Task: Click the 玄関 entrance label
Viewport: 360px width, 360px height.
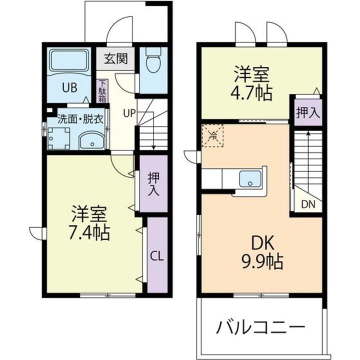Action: click(x=115, y=59)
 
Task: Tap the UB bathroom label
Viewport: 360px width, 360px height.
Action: click(x=69, y=87)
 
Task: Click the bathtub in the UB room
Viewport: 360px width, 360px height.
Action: click(x=69, y=59)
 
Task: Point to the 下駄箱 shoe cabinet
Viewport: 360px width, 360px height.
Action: click(x=102, y=91)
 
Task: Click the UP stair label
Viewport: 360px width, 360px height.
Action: click(x=129, y=112)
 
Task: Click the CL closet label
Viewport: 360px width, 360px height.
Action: click(x=156, y=256)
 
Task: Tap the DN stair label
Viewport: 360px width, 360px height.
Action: click(x=308, y=204)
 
